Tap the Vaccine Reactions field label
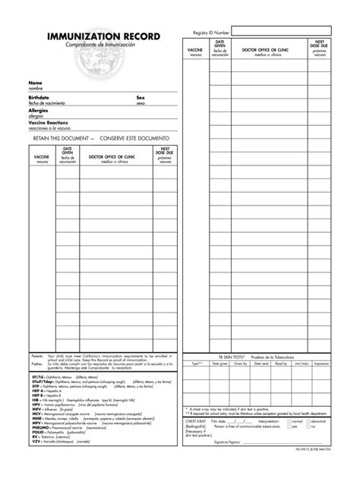(x=49, y=121)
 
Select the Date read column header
(x=261, y=363)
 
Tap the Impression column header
(x=321, y=363)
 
